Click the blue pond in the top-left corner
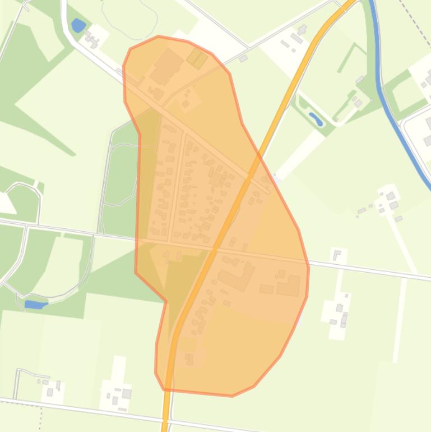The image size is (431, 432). [78, 25]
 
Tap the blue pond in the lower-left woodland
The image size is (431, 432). [35, 304]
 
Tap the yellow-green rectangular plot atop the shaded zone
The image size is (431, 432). [197, 58]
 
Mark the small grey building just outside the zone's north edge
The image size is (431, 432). [243, 58]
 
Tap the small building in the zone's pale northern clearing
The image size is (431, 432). [186, 103]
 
